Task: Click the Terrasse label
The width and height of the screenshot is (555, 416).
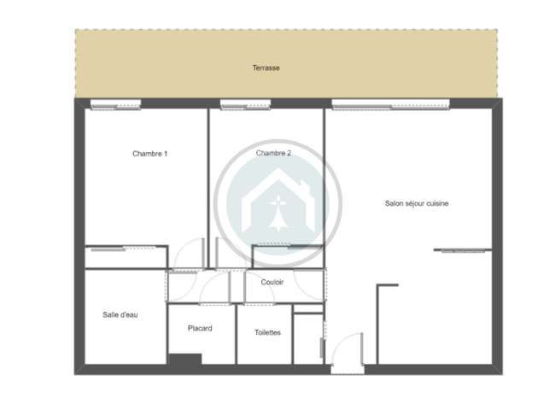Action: click(x=266, y=67)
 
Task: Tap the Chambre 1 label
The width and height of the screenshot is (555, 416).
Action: click(x=149, y=154)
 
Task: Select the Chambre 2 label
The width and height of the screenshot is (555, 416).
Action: click(x=273, y=153)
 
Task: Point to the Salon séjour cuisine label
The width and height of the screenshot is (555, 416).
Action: click(x=417, y=203)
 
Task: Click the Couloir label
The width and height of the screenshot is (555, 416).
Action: click(x=272, y=282)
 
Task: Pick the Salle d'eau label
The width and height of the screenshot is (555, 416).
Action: click(x=120, y=314)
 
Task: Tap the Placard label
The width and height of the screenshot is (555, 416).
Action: click(x=200, y=328)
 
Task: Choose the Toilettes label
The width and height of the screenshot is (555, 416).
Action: click(x=267, y=332)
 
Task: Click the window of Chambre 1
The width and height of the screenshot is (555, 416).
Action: click(x=116, y=104)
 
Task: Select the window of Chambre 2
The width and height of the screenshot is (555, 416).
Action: click(x=246, y=104)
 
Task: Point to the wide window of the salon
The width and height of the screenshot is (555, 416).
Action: click(x=391, y=104)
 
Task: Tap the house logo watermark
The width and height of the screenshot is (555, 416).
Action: click(x=278, y=202)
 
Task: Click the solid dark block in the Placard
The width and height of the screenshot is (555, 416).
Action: click(x=185, y=359)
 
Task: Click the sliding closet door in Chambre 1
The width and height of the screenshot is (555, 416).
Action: click(x=124, y=249)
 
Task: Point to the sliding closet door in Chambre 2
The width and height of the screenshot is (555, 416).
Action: click(x=274, y=245)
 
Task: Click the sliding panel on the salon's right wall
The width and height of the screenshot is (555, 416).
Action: click(x=464, y=250)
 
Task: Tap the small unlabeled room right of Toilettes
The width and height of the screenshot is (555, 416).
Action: click(x=308, y=339)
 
